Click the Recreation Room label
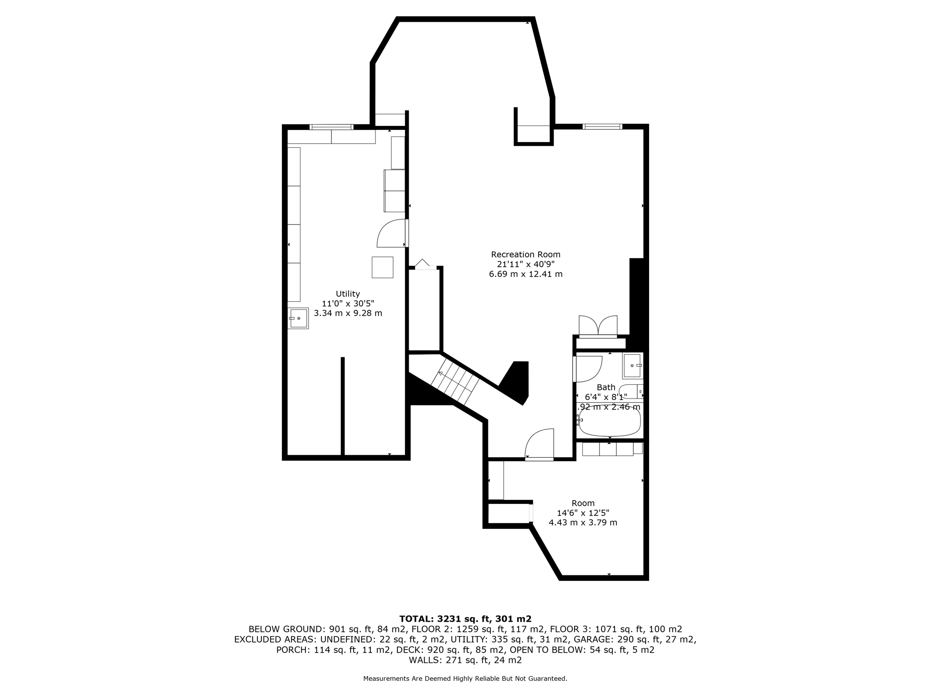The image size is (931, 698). click(x=526, y=254)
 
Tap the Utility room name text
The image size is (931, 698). click(x=348, y=294)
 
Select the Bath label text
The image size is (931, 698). click(x=606, y=387)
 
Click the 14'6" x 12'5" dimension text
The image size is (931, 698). click(x=583, y=513)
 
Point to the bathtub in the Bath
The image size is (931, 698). click(x=610, y=423)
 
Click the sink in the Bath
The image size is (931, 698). click(x=632, y=366)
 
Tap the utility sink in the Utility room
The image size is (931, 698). click(x=299, y=319)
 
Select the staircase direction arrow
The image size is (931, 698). click(x=441, y=374)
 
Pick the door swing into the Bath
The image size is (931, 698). click(x=588, y=369)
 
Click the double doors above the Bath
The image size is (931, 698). click(x=598, y=326)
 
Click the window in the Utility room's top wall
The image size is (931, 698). click(x=331, y=127)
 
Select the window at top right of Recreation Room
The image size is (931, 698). click(x=602, y=127)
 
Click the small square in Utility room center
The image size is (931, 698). click(x=382, y=267)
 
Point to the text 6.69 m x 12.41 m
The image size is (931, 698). click(x=526, y=274)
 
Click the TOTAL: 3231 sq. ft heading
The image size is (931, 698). click(x=465, y=618)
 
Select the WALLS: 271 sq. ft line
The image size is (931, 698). click(x=465, y=660)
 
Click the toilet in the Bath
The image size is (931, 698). click(x=631, y=391)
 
